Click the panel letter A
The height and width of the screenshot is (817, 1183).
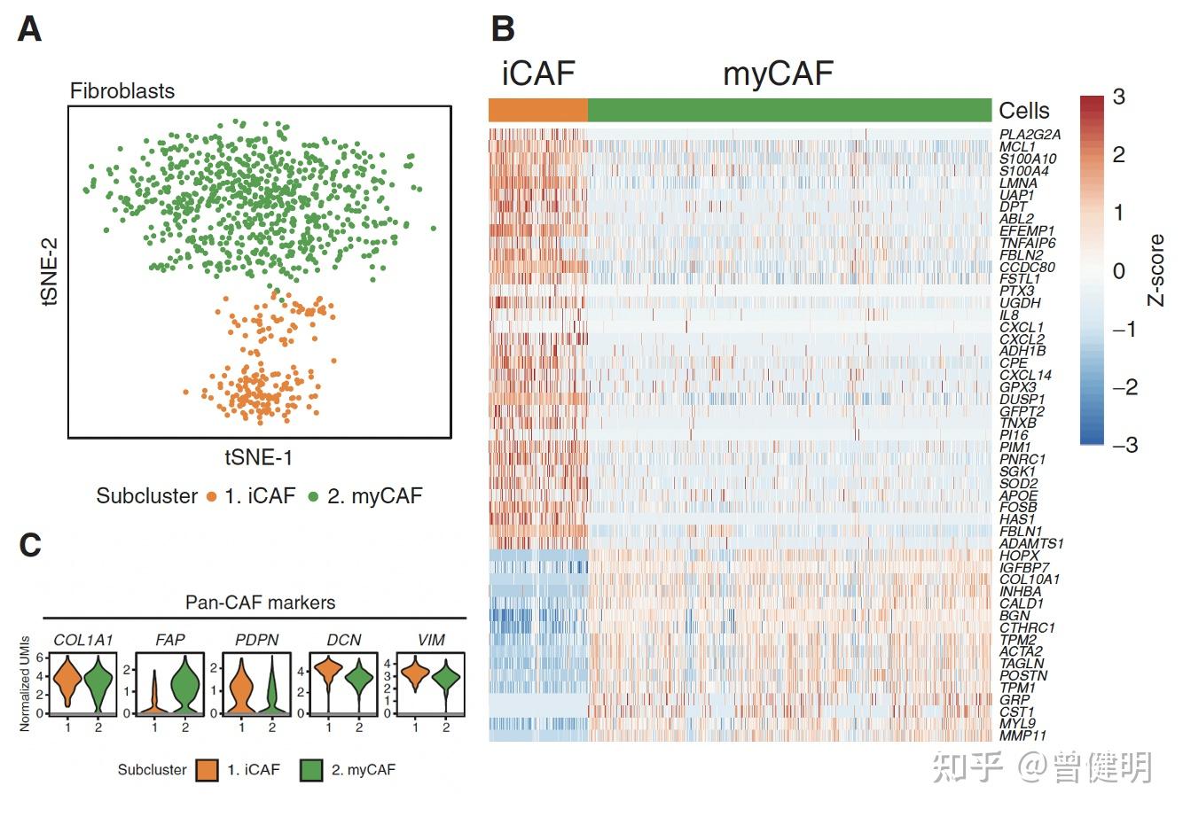click(29, 30)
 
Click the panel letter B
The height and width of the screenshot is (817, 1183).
click(503, 29)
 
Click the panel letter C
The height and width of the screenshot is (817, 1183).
click(30, 544)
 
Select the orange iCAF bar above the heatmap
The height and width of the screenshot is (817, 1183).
click(537, 110)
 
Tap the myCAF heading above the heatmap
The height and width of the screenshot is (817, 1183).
click(778, 74)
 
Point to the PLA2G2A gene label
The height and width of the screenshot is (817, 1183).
click(1030, 135)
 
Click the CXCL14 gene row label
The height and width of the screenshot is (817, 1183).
click(1025, 375)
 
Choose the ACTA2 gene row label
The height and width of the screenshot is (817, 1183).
click(1021, 651)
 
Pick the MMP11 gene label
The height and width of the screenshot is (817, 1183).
click(1022, 735)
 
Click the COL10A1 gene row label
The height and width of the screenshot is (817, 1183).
click(1029, 580)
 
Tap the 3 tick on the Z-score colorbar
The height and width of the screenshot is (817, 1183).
click(1118, 97)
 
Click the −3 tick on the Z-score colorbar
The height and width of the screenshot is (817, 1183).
click(1124, 445)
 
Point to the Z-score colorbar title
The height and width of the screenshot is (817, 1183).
click(1156, 270)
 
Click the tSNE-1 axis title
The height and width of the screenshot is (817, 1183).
click(258, 457)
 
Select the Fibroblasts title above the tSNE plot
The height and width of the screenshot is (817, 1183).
click(122, 91)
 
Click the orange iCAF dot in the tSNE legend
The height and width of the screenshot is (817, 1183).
click(212, 496)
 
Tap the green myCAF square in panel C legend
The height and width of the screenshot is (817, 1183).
click(311, 769)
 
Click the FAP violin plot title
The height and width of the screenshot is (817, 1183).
click(169, 640)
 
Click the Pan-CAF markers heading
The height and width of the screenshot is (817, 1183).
click(260, 603)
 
